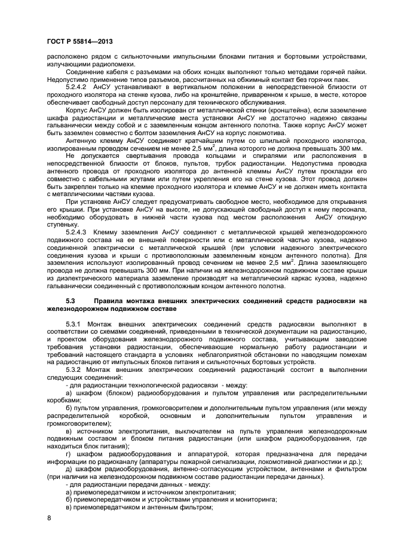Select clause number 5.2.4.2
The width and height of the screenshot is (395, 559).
pyautogui.click(x=79, y=87)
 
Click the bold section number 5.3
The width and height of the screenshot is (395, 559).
pyautogui.click(x=71, y=301)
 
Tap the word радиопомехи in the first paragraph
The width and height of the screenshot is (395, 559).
pyautogui.click(x=115, y=65)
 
